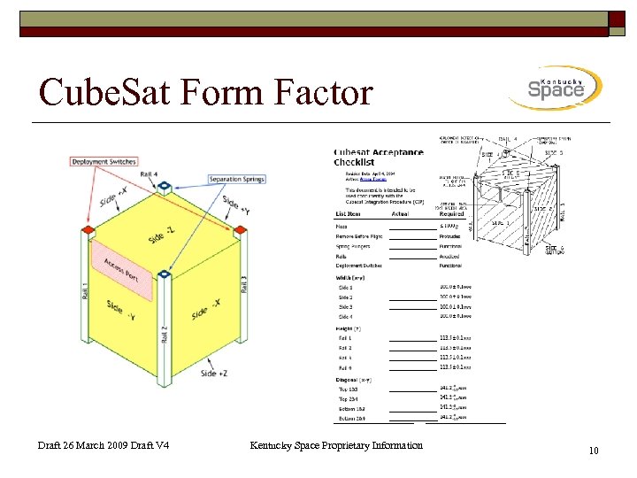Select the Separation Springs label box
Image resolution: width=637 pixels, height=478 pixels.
coord(237,180)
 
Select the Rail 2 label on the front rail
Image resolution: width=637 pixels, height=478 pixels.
coord(164,334)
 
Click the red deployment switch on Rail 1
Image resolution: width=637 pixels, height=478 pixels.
coord(87,232)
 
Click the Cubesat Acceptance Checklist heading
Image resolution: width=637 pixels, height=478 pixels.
coord(378,157)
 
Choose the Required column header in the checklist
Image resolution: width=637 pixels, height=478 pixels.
coord(452,212)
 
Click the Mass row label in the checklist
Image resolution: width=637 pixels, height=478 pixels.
coord(342,226)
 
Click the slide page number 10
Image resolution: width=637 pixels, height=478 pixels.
coord(594,451)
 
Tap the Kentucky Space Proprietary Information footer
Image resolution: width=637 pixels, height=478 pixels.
coord(336,445)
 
